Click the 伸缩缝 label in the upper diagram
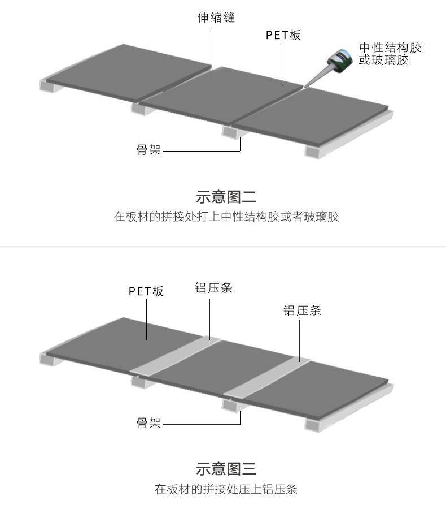point(216,18)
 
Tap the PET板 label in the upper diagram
point(283,35)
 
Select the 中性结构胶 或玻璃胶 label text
point(390,53)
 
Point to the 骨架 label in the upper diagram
point(149,150)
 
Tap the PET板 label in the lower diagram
point(146,291)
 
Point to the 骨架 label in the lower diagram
point(149,422)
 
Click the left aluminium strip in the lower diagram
point(175,356)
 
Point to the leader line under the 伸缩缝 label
point(213,48)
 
